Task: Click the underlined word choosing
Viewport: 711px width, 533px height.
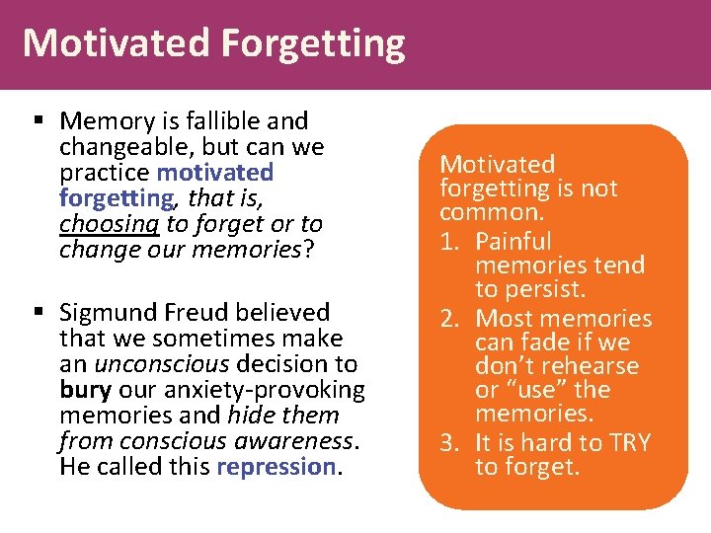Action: tap(103, 224)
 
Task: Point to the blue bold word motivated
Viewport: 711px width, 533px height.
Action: tap(228, 173)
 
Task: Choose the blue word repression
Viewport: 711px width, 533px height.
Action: tap(276, 467)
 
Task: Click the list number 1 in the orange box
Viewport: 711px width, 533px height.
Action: tap(449, 242)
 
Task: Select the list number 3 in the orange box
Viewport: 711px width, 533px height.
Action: tap(449, 443)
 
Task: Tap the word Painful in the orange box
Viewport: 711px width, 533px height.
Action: tap(513, 242)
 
